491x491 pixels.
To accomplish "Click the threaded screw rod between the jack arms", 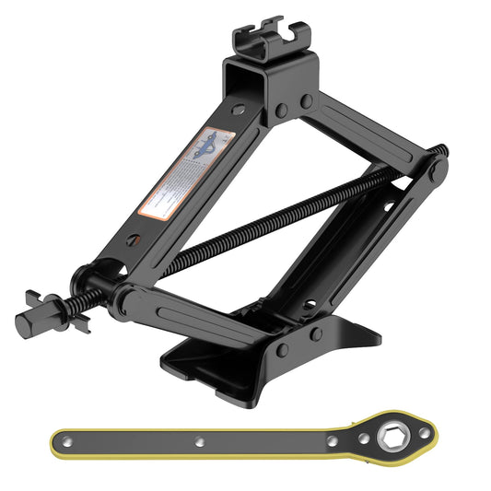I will [276, 217].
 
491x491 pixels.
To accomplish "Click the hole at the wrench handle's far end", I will [69, 438].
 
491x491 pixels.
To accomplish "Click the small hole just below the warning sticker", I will [134, 240].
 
